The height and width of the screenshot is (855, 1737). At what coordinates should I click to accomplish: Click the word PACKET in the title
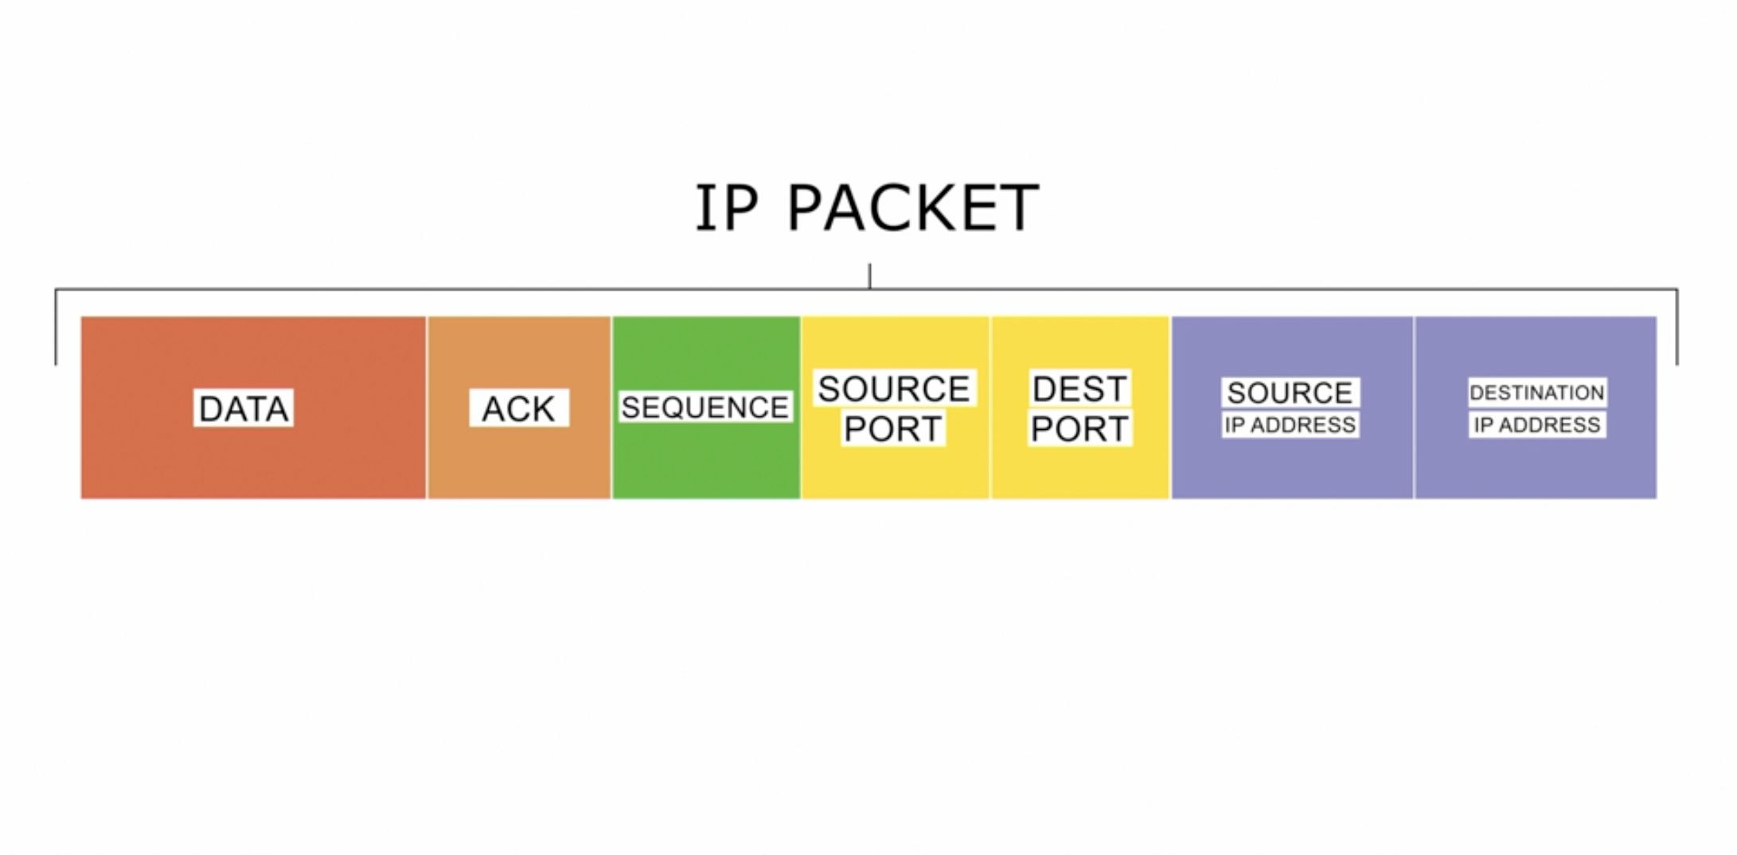pos(912,208)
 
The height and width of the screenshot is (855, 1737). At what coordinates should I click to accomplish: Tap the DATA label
pos(244,408)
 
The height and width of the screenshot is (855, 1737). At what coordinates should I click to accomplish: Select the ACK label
pos(519,408)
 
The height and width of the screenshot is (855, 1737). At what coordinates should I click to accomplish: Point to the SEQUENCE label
pos(705,408)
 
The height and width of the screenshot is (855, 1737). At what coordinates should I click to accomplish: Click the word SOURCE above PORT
pos(894,388)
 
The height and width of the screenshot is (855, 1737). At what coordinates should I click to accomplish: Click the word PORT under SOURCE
pos(893,429)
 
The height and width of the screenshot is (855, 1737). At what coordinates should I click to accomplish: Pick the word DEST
pos(1079,388)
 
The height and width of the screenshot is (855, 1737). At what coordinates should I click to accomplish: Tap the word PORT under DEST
pos(1079,429)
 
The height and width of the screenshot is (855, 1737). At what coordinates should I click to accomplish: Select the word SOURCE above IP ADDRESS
pos(1290,392)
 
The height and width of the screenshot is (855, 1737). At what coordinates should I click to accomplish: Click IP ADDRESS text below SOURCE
pos(1290,425)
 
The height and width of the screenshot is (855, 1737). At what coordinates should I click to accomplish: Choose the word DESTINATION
pos(1537,392)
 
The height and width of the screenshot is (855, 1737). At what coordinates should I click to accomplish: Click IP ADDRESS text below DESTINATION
pos(1537,425)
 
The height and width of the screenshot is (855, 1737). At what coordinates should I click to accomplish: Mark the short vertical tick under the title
pos(870,276)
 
